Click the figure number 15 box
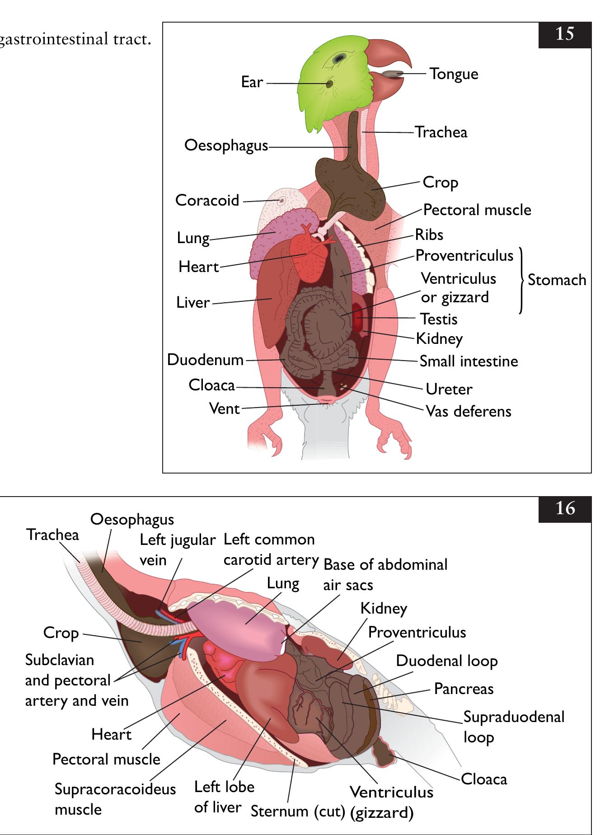[x=564, y=34]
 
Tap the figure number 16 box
[x=564, y=509]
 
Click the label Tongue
[x=454, y=74]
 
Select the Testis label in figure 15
[x=439, y=319]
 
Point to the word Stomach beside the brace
[x=557, y=280]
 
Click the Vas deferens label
[x=469, y=412]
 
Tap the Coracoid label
[x=207, y=200]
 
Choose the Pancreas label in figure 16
[x=464, y=689]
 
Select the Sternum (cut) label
[x=298, y=812]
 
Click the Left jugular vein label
[x=177, y=550]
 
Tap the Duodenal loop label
[x=446, y=661]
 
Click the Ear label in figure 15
[x=252, y=82]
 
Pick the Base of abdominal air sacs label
[x=385, y=575]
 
